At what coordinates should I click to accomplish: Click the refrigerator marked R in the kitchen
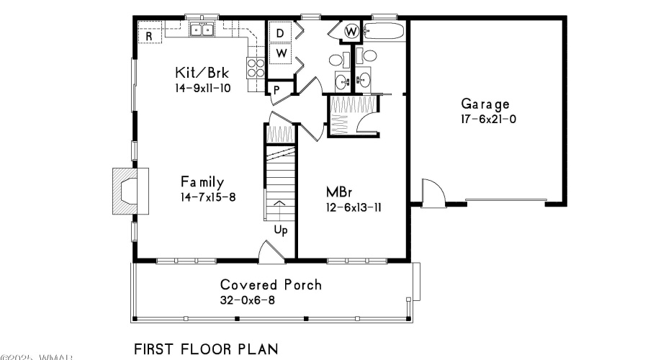coord(149,34)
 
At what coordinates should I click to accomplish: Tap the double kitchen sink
coord(202,30)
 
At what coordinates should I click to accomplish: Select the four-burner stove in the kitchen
coord(256,68)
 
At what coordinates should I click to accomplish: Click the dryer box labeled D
coord(281,32)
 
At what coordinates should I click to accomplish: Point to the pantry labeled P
coord(276,89)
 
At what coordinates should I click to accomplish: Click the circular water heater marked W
coord(351,32)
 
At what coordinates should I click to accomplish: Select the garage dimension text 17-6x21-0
coord(488,119)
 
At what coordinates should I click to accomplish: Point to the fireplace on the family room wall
coord(127,191)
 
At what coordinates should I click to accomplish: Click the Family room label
coord(202,181)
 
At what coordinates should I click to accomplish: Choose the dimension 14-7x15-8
coord(208,197)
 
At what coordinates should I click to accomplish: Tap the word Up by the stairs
coord(281,231)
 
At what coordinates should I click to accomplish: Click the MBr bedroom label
coord(338,193)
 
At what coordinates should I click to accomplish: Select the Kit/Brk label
coord(202,73)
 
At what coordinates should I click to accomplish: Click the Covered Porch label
coord(271,284)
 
